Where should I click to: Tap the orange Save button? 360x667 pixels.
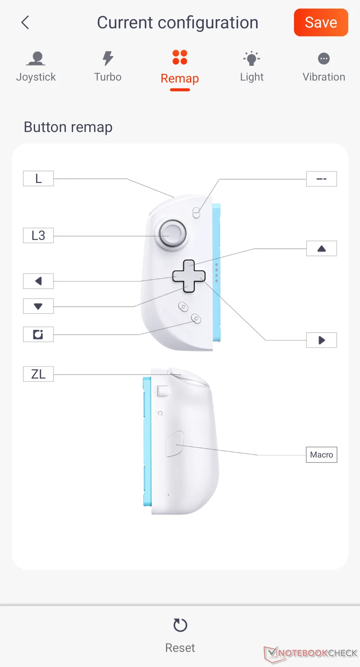click(321, 23)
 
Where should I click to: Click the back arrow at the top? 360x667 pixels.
click(25, 23)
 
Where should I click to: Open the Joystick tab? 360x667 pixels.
click(36, 67)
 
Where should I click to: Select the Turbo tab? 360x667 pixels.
click(108, 67)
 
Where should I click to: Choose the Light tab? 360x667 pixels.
click(252, 67)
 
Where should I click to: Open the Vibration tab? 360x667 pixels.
click(324, 67)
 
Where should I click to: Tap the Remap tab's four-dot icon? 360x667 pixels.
click(180, 57)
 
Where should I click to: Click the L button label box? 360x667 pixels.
click(38, 178)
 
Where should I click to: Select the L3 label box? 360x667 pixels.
click(38, 235)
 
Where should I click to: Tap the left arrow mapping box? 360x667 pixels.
click(38, 281)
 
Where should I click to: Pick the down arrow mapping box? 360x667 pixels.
click(38, 306)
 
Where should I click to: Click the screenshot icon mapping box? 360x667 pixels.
click(38, 334)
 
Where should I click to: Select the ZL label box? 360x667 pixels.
click(38, 374)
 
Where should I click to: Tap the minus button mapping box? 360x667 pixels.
click(322, 179)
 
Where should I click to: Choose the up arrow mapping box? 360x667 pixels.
click(322, 248)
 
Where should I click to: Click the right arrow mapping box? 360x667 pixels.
click(322, 340)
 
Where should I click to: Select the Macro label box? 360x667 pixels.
click(322, 455)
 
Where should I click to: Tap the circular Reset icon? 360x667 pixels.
click(180, 625)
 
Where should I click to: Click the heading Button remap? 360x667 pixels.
click(68, 127)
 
